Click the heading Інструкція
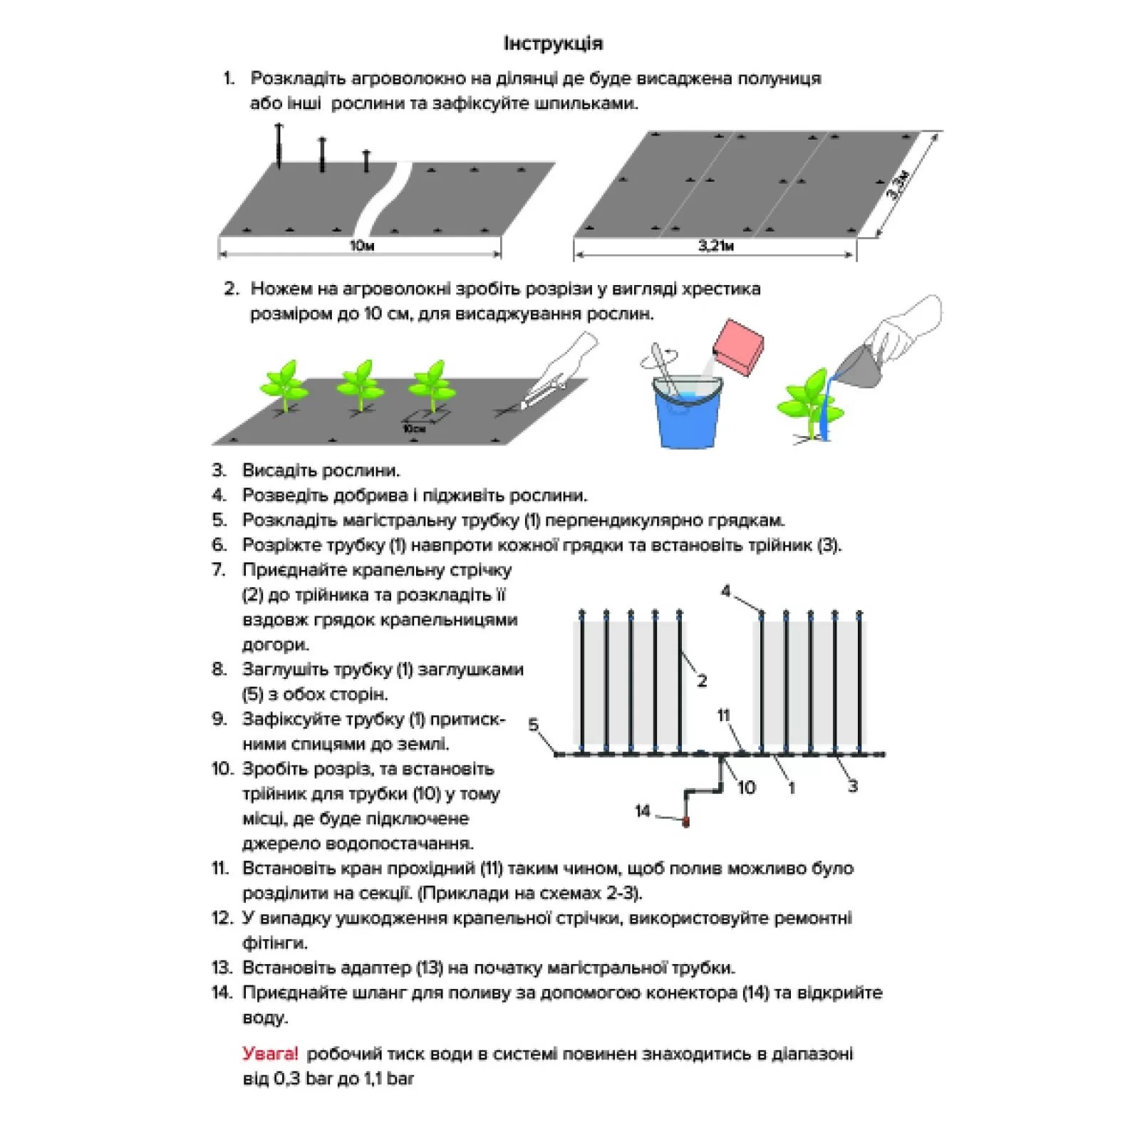(x=553, y=43)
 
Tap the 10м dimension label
(x=362, y=247)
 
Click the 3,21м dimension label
(x=715, y=247)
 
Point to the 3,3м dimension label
(x=898, y=185)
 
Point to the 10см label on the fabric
(x=414, y=429)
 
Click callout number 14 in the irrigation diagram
(x=643, y=811)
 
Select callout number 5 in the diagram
(x=534, y=725)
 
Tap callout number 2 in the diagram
(x=702, y=680)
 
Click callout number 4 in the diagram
(x=726, y=591)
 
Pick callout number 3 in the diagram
(x=852, y=787)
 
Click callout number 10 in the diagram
(x=746, y=787)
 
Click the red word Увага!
(x=270, y=1054)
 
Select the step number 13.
(x=222, y=968)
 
